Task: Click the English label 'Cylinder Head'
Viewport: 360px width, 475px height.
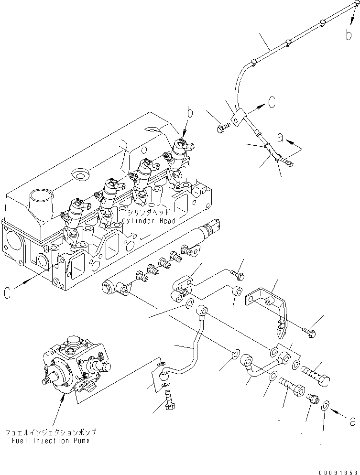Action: coord(148,221)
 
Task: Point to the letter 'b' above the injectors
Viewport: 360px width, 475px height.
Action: coord(190,113)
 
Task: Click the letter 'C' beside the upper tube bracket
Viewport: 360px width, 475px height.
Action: coord(271,101)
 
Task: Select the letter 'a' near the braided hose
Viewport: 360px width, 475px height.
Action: coord(281,138)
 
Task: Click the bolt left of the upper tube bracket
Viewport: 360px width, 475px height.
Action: coord(222,127)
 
